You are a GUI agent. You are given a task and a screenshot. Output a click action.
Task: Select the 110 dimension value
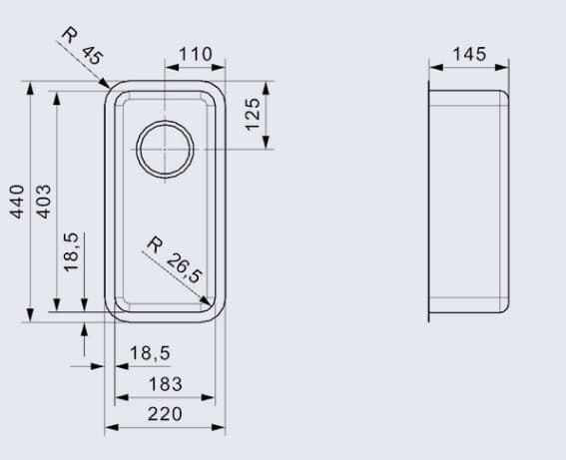196,53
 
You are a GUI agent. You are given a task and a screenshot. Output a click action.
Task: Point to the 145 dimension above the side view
469,53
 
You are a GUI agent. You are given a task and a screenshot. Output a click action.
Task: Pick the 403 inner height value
43,204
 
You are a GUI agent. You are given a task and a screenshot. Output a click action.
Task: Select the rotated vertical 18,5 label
71,251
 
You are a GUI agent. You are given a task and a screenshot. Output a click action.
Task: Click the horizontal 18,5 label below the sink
150,352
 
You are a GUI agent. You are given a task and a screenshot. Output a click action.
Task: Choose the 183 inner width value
165,384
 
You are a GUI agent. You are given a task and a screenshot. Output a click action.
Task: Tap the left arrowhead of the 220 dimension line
110,427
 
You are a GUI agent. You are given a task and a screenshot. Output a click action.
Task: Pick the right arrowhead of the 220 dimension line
221,427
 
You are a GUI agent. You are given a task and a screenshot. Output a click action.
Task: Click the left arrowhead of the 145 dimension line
434,68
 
